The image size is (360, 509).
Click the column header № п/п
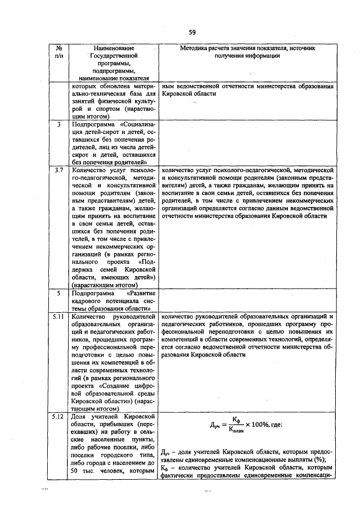[x=60, y=52]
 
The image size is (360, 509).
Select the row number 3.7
[x=59, y=168]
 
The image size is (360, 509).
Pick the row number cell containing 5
[x=59, y=293]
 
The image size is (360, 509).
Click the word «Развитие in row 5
[x=141, y=293]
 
